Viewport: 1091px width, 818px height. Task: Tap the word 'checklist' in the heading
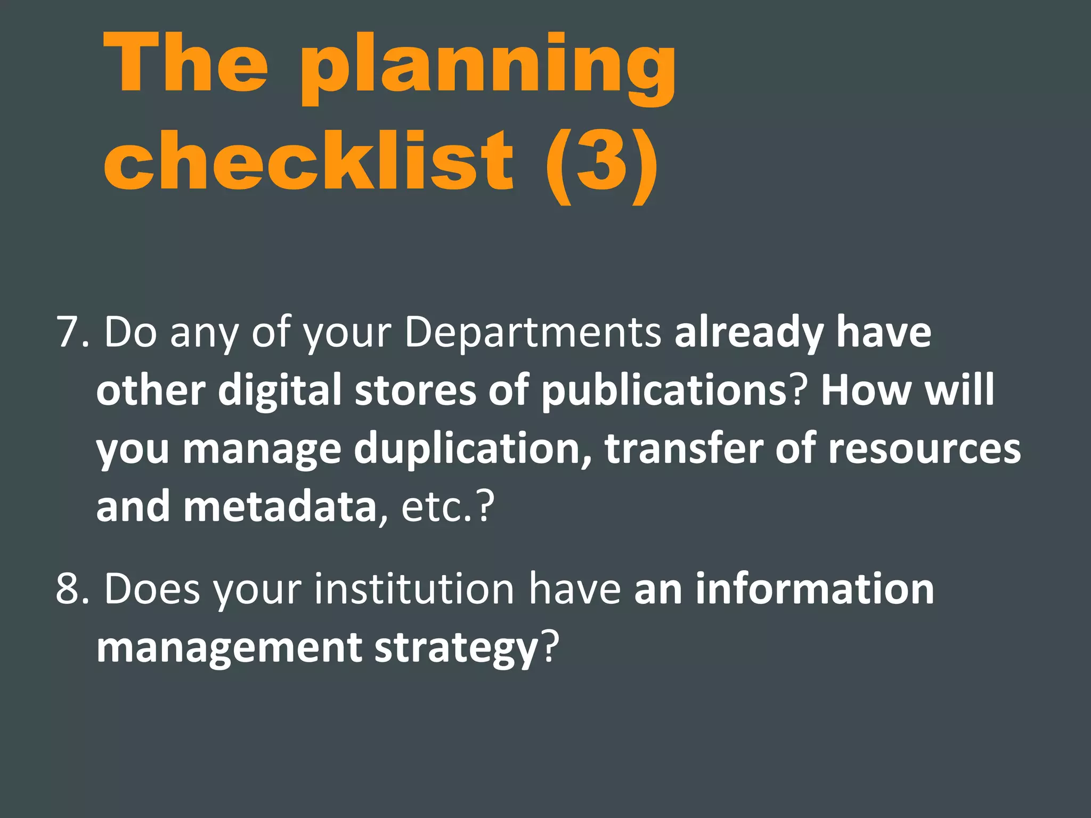pos(309,160)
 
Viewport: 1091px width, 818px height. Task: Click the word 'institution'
pos(414,589)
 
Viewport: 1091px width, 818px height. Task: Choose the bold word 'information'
pos(815,589)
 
